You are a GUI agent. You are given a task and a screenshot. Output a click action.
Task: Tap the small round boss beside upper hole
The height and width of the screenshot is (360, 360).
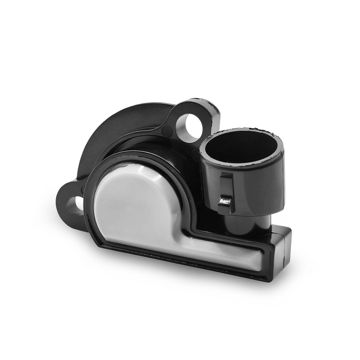[167, 131]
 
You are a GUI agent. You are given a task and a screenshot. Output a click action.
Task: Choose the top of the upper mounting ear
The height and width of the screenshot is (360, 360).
[198, 103]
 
